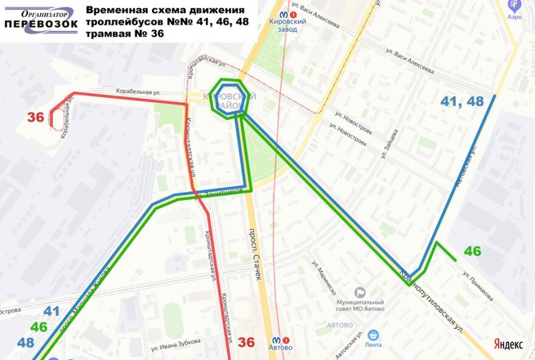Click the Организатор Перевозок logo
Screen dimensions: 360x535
(41, 21)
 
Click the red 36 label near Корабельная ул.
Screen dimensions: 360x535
(36, 117)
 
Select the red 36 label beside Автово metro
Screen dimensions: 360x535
(246, 342)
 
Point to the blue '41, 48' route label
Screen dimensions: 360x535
(463, 102)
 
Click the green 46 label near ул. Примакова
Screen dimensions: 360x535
(472, 251)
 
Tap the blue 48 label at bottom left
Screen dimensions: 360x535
(26, 342)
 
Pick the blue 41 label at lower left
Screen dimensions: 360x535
(51, 311)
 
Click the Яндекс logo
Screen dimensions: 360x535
(508, 344)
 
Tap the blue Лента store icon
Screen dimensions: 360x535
(373, 334)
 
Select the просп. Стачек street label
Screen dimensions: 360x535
(255, 254)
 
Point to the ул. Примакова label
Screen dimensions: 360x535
(477, 286)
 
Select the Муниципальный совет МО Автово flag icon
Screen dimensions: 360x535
(360, 292)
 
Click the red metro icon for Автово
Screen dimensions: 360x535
(277, 341)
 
